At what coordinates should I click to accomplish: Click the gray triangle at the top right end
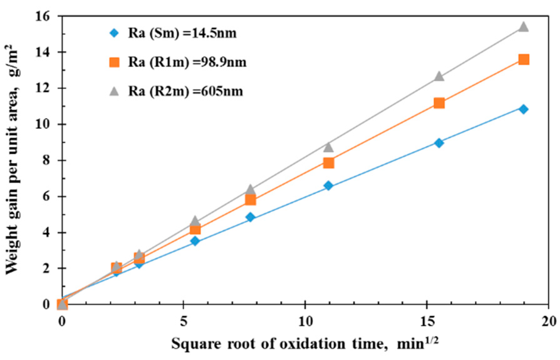[x=524, y=27]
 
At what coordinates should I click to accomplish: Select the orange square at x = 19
[x=524, y=60]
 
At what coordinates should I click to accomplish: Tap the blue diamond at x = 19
[x=524, y=109]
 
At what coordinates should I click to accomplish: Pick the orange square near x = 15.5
[x=439, y=103]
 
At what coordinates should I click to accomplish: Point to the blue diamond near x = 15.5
[x=439, y=143]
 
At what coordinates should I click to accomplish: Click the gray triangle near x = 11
[x=328, y=147]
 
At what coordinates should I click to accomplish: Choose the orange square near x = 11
[x=329, y=163]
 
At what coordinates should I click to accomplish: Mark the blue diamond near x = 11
[x=328, y=186]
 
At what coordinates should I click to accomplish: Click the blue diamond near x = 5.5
[x=195, y=241]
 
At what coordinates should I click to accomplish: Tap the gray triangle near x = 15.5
[x=439, y=76]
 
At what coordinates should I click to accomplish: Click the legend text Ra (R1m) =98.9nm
[x=187, y=62]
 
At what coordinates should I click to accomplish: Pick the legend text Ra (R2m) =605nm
[x=186, y=91]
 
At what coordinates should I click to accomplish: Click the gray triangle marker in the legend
[x=114, y=91]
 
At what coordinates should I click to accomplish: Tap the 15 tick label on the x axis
[x=427, y=321]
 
